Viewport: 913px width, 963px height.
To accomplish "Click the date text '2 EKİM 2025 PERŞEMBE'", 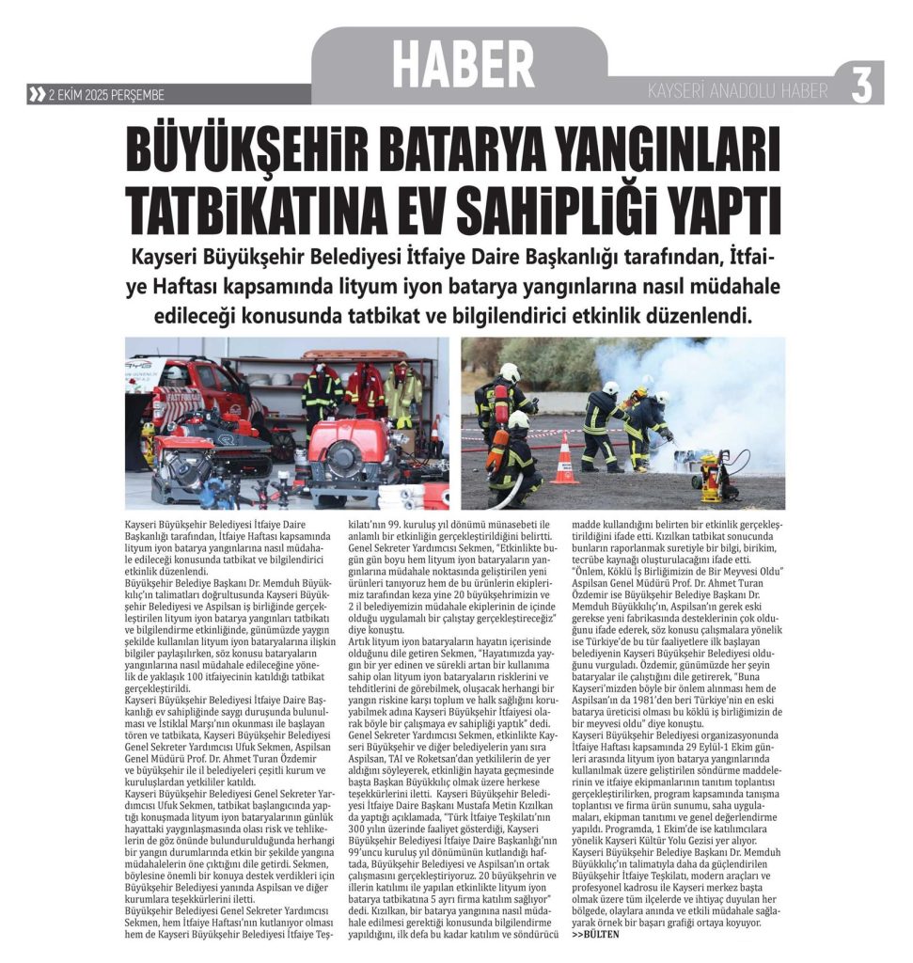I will pyautogui.click(x=105, y=94).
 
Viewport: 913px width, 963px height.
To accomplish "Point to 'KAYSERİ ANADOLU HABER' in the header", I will pyautogui.click(x=738, y=91).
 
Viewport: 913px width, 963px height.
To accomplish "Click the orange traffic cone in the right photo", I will pyautogui.click(x=564, y=460).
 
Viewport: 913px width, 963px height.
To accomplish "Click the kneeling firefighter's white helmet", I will pyautogui.click(x=518, y=420).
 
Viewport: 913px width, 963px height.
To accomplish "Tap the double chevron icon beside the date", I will pyautogui.click(x=37, y=94).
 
